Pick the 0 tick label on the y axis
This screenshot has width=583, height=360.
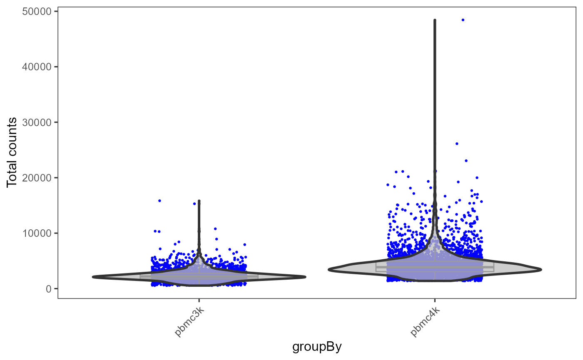coord(48,289)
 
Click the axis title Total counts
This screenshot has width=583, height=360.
coord(12,152)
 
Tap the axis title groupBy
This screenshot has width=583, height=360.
coord(317,346)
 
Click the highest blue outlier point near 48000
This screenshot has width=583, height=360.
coord(463,20)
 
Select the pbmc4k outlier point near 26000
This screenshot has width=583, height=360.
coord(457,144)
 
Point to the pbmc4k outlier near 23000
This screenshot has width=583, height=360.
coord(466,161)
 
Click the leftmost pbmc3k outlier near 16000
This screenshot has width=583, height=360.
coord(159,201)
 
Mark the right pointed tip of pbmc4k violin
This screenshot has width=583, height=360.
coord(541,270)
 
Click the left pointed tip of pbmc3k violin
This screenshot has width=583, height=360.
coord(93,277)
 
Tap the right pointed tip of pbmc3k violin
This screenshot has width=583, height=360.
coord(305,277)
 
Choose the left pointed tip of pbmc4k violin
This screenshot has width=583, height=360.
coord(329,270)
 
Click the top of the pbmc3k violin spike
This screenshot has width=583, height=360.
coord(199,201)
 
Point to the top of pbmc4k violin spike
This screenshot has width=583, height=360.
coord(435,20)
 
